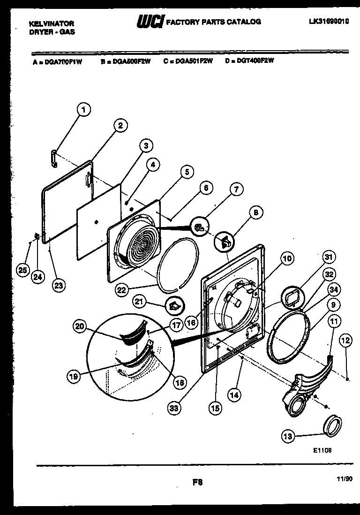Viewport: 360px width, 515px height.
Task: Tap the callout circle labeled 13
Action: click(289, 436)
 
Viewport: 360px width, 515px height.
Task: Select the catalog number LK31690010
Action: click(330, 21)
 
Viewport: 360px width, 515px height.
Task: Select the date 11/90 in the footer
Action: click(344, 478)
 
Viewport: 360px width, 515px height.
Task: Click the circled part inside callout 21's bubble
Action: click(174, 306)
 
